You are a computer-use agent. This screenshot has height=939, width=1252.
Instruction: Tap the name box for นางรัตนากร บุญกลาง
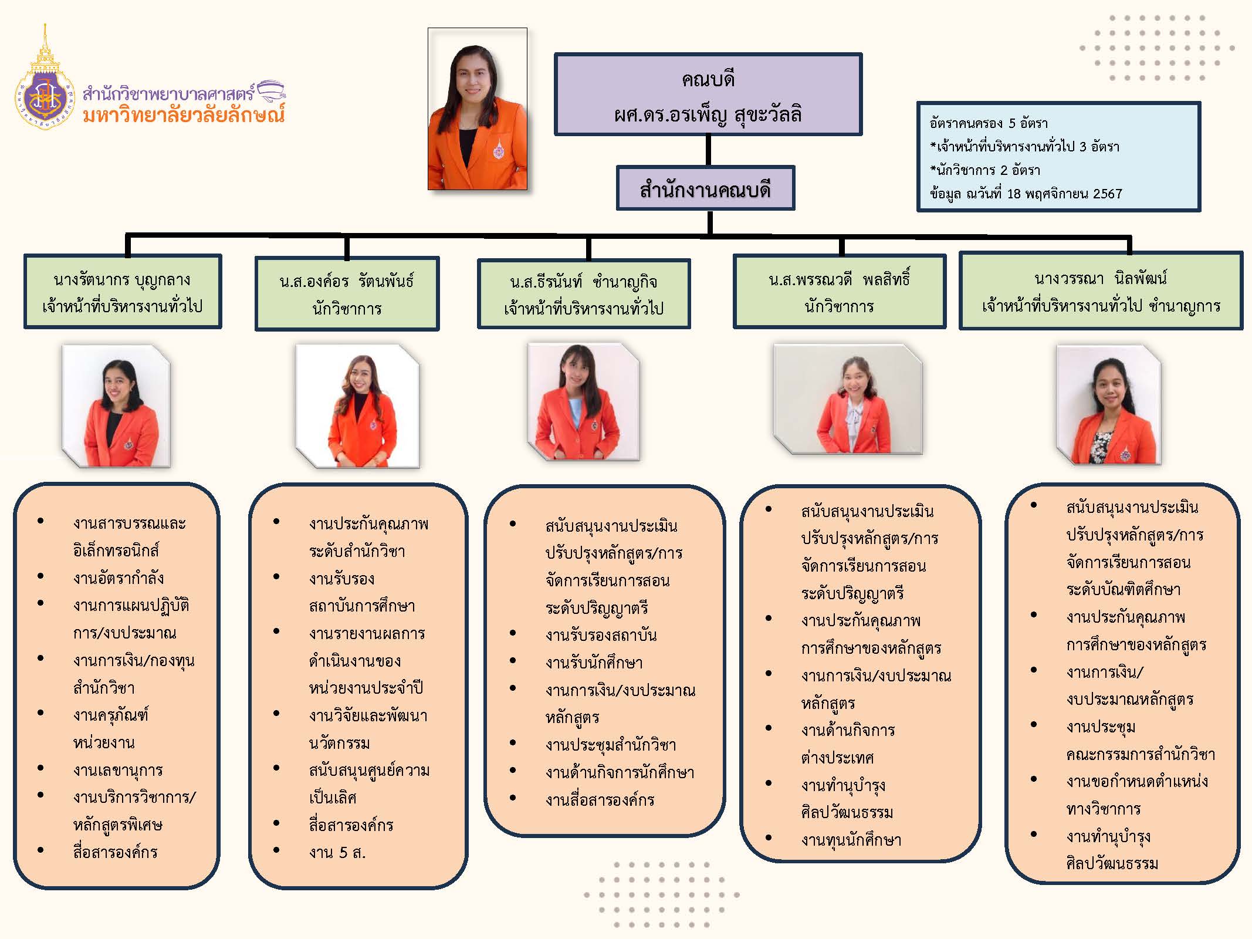pyautogui.click(x=123, y=292)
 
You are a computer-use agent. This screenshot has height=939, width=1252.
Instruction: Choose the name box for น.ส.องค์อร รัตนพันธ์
pyautogui.click(x=347, y=294)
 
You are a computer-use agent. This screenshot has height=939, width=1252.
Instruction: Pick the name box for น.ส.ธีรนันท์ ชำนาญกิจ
pyautogui.click(x=584, y=294)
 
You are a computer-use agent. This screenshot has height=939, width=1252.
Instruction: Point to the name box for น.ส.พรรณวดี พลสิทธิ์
pyautogui.click(x=839, y=292)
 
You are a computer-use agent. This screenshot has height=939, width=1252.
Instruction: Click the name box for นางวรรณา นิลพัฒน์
pyautogui.click(x=1101, y=291)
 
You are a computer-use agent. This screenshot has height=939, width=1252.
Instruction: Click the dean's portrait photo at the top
pyautogui.click(x=478, y=110)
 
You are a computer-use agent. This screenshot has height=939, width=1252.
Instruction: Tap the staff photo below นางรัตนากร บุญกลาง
pyautogui.click(x=116, y=406)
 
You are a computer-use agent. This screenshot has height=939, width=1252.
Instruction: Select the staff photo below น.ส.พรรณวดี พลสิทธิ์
pyautogui.click(x=848, y=399)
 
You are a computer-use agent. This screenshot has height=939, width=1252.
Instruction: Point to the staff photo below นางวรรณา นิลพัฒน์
pyautogui.click(x=1109, y=405)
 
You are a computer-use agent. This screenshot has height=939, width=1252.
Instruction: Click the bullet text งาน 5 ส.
pyautogui.click(x=337, y=852)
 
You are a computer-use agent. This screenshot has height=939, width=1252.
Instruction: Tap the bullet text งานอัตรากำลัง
pyautogui.click(x=119, y=578)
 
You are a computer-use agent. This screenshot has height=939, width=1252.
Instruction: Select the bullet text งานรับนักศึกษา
pyautogui.click(x=594, y=663)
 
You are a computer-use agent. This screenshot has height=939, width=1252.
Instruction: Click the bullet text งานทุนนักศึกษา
pyautogui.click(x=851, y=840)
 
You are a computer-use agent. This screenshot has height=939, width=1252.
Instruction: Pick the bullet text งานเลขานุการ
pyautogui.click(x=118, y=770)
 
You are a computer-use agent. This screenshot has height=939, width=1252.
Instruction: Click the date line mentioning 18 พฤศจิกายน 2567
pyautogui.click(x=1026, y=194)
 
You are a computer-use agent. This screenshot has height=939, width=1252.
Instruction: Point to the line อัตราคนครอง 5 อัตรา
pyautogui.click(x=989, y=123)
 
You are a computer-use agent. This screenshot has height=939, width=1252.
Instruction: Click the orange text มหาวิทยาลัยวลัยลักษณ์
pyautogui.click(x=184, y=114)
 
